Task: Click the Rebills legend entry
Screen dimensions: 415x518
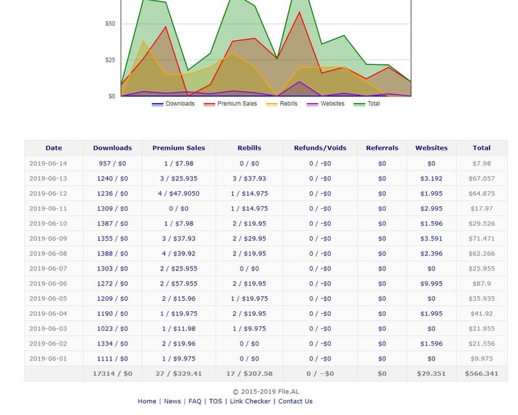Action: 286,104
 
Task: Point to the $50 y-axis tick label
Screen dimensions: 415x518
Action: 109,24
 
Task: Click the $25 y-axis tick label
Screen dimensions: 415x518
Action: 109,60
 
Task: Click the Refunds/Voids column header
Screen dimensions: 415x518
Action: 320,148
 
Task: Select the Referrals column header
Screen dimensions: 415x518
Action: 382,148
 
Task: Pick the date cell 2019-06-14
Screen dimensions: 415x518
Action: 48,163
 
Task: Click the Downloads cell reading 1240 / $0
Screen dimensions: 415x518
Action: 112,178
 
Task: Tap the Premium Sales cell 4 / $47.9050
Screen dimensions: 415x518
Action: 178,193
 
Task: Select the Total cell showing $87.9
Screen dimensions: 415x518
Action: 482,283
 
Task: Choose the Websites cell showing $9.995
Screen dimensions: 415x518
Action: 431,283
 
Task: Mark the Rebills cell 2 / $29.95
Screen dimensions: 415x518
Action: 249,239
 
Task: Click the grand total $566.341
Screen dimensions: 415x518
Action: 481,373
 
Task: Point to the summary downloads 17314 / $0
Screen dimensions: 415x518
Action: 112,373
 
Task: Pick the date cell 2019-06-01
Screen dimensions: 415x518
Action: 48,359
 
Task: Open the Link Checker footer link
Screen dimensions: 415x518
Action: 251,401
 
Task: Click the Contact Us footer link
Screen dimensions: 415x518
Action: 295,401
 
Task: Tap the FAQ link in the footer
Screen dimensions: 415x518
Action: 194,401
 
